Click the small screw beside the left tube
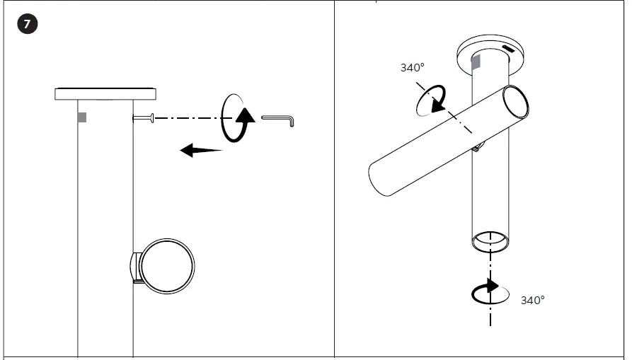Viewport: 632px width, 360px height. pos(144,117)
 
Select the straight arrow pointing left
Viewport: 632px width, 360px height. pos(200,149)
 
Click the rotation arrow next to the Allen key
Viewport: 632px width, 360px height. pos(239,117)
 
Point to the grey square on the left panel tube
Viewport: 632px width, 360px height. pos(82,117)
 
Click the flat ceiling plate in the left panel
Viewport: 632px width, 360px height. pos(105,93)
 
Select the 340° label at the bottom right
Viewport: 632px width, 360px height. pos(532,300)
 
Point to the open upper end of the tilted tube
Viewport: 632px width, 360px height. pos(515,100)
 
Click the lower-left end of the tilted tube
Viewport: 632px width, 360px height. pos(380,180)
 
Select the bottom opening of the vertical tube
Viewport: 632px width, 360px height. pos(490,240)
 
